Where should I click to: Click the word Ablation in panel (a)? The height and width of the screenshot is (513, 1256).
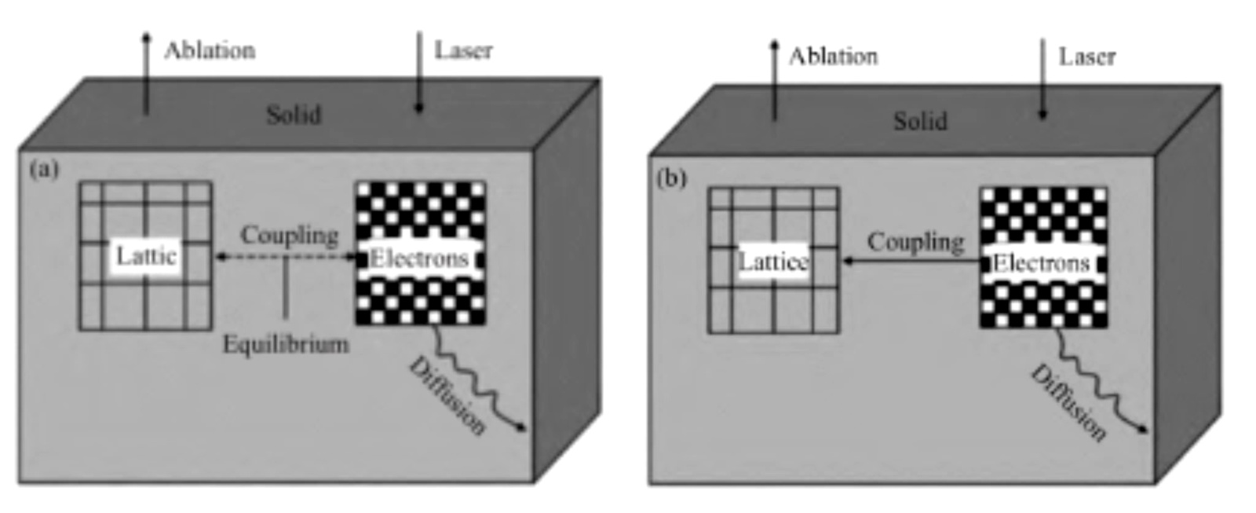[x=210, y=50]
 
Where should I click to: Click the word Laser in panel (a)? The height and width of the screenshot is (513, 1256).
[x=463, y=50]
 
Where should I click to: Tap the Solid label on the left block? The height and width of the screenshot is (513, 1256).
[x=294, y=115]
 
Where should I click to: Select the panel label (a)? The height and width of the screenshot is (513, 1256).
[x=44, y=169]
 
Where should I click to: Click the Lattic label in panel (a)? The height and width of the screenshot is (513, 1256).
[x=146, y=256]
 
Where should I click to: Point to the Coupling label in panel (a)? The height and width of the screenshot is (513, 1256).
[x=290, y=234]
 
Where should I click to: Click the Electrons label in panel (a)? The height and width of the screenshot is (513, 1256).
[x=419, y=258]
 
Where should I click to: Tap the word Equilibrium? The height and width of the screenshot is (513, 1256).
[x=286, y=344]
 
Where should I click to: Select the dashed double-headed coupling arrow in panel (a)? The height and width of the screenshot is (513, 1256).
[x=287, y=256]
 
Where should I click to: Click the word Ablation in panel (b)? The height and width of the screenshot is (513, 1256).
[x=833, y=57]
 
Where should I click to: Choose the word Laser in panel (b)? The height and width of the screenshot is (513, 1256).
[x=1086, y=57]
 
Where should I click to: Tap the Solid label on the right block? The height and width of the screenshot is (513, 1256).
[x=920, y=121]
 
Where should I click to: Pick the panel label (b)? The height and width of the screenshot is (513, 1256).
[x=671, y=178]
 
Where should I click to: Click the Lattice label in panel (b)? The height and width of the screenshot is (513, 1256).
[x=773, y=262]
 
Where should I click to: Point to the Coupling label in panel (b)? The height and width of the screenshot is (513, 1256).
[x=915, y=241]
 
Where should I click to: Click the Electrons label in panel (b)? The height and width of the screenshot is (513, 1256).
[x=1041, y=263]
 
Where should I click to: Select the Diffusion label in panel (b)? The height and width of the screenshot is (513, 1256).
[x=1068, y=401]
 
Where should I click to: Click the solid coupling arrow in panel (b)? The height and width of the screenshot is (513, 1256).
[x=911, y=260]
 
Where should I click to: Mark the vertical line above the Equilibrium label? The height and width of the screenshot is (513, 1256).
[x=286, y=288]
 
